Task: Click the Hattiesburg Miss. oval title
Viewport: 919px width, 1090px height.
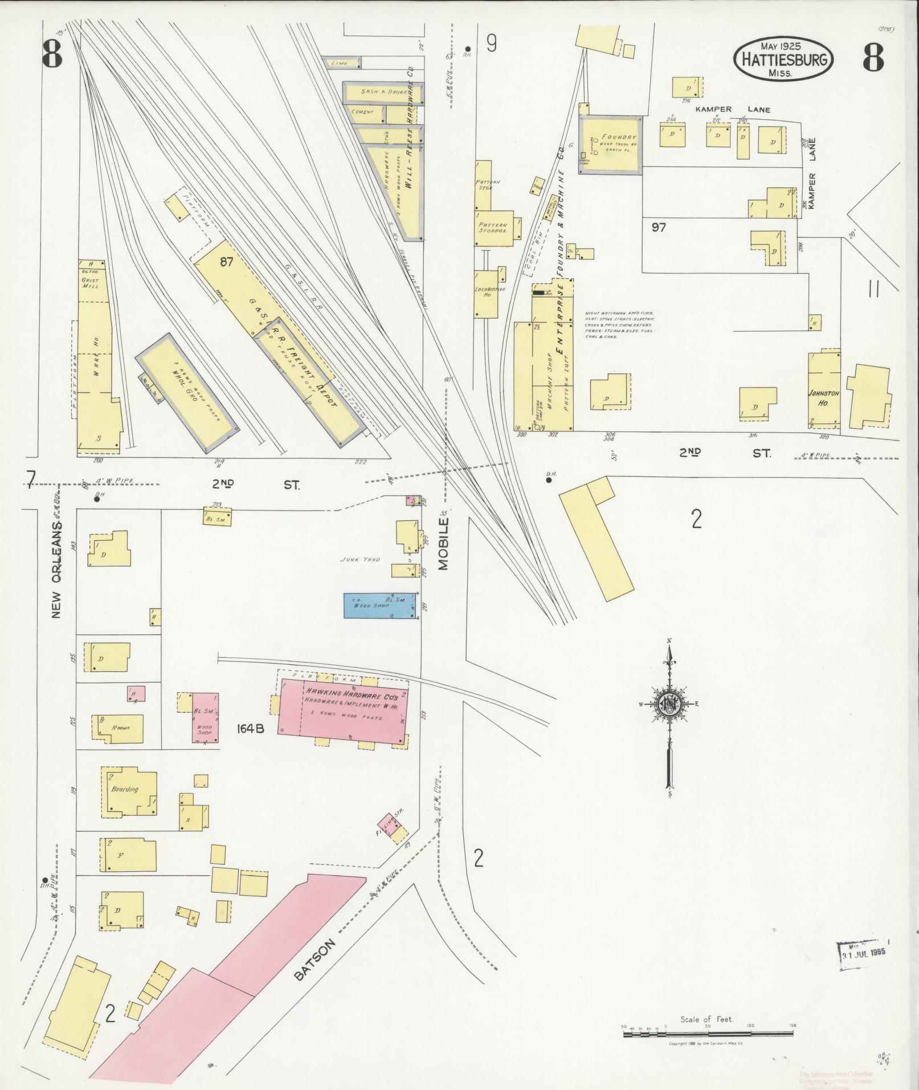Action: pyautogui.click(x=783, y=60)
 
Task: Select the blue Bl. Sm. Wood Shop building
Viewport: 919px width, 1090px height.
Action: pyautogui.click(x=379, y=605)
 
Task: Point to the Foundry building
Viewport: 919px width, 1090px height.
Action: pyautogui.click(x=610, y=145)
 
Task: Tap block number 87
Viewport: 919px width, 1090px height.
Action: pyautogui.click(x=227, y=263)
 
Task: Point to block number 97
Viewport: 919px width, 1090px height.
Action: pyautogui.click(x=659, y=227)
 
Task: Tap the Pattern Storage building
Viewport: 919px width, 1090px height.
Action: pyautogui.click(x=492, y=228)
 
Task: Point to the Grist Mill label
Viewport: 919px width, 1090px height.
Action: pyautogui.click(x=91, y=283)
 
